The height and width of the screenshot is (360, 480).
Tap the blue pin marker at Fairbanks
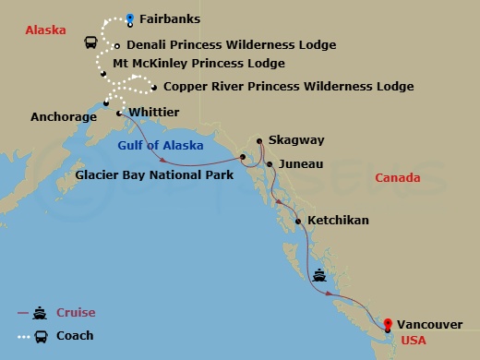click(x=129, y=17)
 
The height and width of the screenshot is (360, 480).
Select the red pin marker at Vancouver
click(x=389, y=324)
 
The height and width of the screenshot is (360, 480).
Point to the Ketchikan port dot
click(x=297, y=221)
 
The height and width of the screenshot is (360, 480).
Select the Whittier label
click(x=154, y=112)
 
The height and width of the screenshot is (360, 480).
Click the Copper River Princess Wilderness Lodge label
click(x=288, y=87)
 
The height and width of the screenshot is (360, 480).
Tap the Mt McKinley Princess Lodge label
click(x=198, y=64)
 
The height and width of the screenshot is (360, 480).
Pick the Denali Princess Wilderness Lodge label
click(x=231, y=43)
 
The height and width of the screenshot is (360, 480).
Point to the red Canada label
click(x=398, y=177)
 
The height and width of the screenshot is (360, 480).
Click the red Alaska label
click(x=46, y=30)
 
